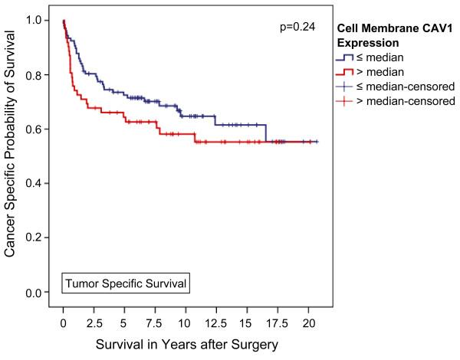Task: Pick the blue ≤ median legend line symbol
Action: (x=347, y=57)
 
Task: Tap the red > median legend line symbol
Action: (x=347, y=72)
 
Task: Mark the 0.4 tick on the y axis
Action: (x=34, y=184)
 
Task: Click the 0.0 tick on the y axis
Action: (x=34, y=293)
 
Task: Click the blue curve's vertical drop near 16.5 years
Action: (x=265, y=133)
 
